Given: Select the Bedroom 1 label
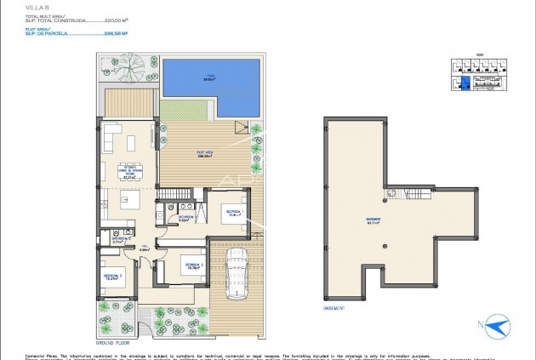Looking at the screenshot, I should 233,213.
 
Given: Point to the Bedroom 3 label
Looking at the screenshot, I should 112,277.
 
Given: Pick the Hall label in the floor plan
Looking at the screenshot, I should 145,249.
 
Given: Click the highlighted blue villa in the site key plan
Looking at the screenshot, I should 465,83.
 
